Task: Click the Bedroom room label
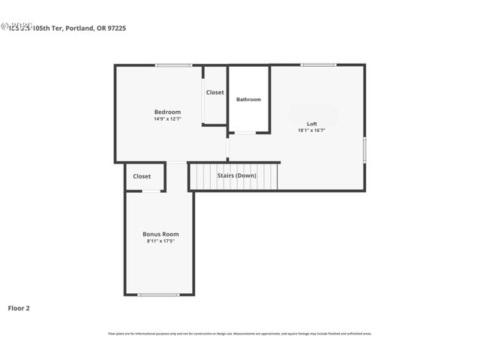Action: [167, 112]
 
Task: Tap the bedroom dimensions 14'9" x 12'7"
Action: [167, 118]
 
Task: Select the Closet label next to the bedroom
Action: [215, 92]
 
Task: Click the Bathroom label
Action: [248, 99]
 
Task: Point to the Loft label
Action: [312, 124]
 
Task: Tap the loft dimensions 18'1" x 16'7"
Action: [312, 130]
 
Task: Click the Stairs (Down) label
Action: [237, 175]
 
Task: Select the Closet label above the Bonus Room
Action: [142, 176]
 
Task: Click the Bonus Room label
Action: [160, 234]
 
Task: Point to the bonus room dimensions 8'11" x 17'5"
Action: [160, 241]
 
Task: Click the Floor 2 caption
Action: [19, 307]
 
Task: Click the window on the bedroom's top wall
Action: [174, 65]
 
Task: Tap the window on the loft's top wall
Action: [318, 65]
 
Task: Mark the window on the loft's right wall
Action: [364, 149]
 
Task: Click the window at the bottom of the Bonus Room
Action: [158, 295]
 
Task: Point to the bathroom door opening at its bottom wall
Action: [245, 133]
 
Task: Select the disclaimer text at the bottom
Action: [240, 334]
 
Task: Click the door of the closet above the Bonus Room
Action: [151, 191]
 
